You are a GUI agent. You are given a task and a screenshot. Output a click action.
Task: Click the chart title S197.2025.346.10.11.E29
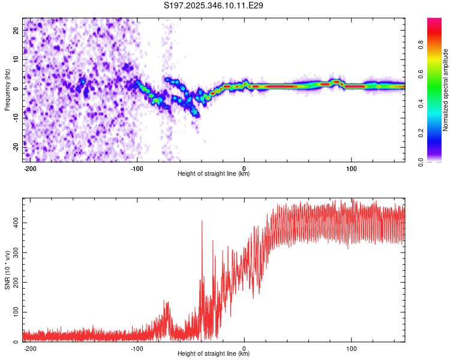(214, 5)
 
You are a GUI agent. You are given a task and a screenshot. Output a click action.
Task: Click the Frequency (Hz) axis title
(7, 89)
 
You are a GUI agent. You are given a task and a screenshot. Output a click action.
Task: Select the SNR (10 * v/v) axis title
(7, 270)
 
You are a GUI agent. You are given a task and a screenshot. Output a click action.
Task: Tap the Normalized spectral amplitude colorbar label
(446, 90)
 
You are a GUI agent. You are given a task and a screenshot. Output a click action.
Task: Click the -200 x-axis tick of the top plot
(31, 167)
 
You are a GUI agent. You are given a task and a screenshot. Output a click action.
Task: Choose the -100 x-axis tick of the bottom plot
(137, 347)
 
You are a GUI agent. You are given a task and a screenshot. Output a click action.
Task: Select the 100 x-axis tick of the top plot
(351, 167)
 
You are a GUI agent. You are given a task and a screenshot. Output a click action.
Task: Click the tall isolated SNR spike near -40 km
(202, 222)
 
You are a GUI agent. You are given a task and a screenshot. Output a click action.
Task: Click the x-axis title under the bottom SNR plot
(214, 354)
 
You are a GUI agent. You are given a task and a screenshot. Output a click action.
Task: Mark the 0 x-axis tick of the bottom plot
(244, 347)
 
